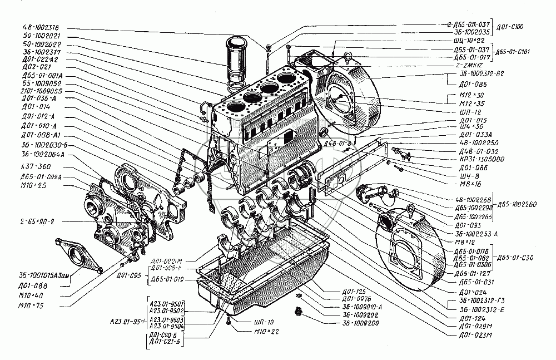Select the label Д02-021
(x=33, y=66)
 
